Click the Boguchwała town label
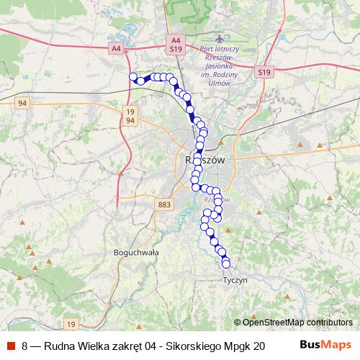click(x=136, y=253)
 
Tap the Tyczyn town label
click(x=235, y=279)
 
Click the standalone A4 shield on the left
click(x=117, y=48)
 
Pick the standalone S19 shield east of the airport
click(x=265, y=73)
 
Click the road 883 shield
click(x=163, y=205)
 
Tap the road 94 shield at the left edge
click(x=23, y=103)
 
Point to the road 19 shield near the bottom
click(x=71, y=323)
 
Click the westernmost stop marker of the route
click(x=132, y=76)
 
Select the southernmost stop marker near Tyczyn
click(x=226, y=264)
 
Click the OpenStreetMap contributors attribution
click(x=296, y=323)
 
